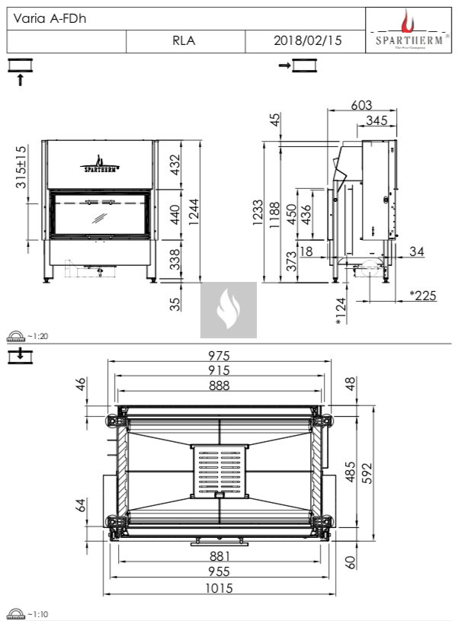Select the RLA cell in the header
(x=184, y=41)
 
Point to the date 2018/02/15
(x=307, y=41)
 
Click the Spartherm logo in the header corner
(x=408, y=30)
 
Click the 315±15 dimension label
(x=21, y=168)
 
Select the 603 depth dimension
(x=363, y=106)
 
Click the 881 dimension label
(x=219, y=556)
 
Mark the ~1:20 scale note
(x=37, y=336)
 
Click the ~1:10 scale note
(x=37, y=613)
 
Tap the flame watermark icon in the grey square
(x=228, y=309)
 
